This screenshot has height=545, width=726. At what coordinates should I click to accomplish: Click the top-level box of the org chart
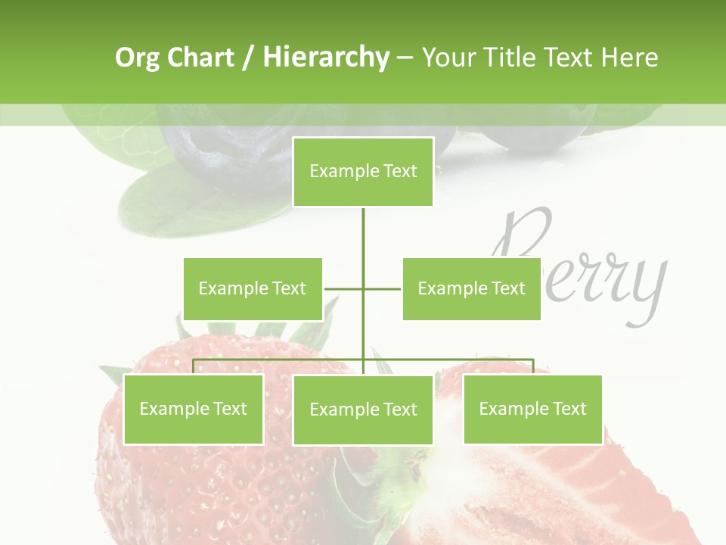[x=363, y=172]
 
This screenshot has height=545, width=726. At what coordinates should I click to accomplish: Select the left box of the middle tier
[x=253, y=288]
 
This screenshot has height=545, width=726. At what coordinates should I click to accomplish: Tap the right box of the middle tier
[x=471, y=288]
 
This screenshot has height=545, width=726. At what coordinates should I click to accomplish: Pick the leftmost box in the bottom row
[x=194, y=409]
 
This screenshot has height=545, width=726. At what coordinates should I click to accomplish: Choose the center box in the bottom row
[x=363, y=410]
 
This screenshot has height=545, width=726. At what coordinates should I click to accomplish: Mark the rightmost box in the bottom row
[x=532, y=409]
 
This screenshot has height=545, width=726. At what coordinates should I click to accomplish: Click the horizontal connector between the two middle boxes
[x=363, y=288]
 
